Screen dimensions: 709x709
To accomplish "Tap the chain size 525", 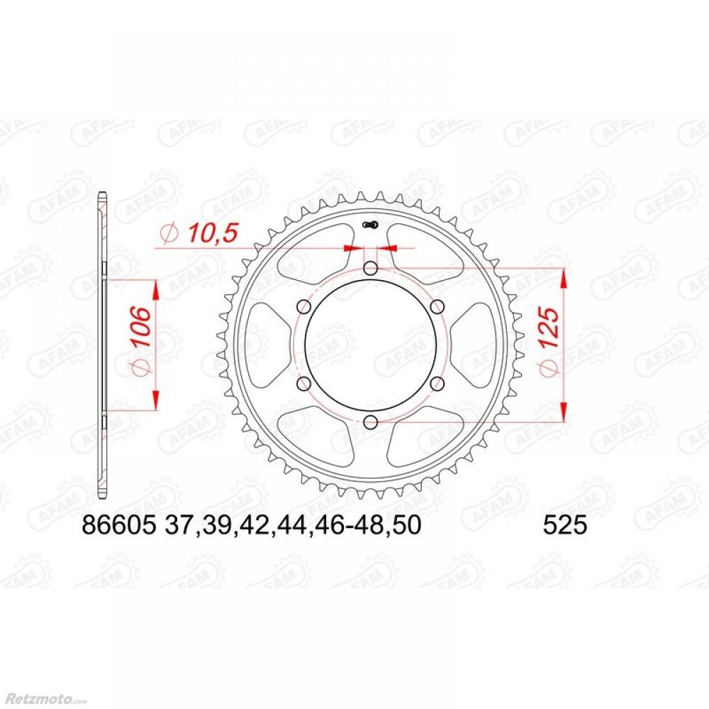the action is pos(564,525).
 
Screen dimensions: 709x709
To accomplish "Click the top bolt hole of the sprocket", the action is pos(370,269).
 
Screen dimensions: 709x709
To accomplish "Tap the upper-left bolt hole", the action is pos(304,307).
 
